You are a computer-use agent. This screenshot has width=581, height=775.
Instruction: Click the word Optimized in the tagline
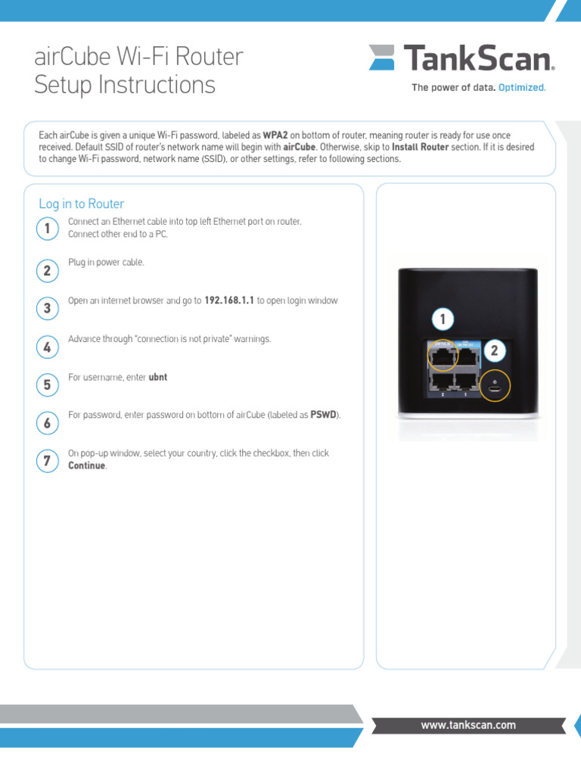522,88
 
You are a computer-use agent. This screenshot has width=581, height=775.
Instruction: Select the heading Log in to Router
81,204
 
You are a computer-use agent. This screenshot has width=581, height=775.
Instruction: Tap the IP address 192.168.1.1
229,300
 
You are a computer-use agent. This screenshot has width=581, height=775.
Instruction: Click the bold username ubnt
158,376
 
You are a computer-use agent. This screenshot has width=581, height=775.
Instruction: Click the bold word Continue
87,465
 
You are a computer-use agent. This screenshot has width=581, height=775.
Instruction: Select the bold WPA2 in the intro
275,135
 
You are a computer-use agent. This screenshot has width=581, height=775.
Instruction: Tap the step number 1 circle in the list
47,229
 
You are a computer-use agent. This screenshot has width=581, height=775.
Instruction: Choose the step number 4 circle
47,347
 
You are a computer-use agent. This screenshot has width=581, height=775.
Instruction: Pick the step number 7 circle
47,462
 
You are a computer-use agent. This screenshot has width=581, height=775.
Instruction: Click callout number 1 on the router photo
443,320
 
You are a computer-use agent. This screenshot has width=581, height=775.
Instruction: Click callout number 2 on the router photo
494,350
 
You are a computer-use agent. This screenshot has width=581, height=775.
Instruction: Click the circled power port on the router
495,387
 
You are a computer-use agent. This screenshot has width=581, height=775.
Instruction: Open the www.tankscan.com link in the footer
468,725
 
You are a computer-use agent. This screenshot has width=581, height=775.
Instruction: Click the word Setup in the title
64,85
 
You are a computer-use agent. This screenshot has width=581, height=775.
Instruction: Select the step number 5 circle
47,385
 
